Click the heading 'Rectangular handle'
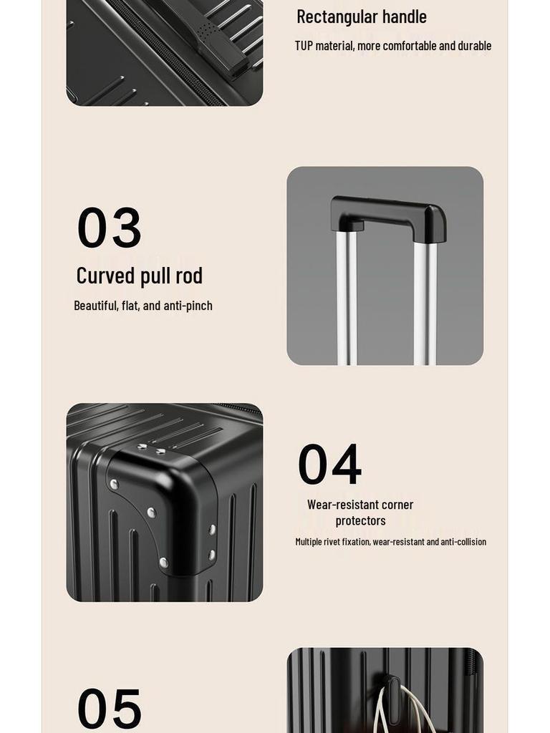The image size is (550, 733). pos(361,16)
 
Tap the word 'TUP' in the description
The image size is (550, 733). pos(305,46)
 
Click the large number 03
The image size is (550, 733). pos(109,228)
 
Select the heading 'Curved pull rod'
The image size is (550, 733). pos(139,276)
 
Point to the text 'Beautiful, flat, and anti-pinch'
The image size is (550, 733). pos(143,306)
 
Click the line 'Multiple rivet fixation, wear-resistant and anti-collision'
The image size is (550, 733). pos(390,542)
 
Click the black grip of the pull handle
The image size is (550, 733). pos(387,212)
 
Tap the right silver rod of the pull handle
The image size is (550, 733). pos(425,301)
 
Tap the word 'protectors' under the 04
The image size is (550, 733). pos(360,520)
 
